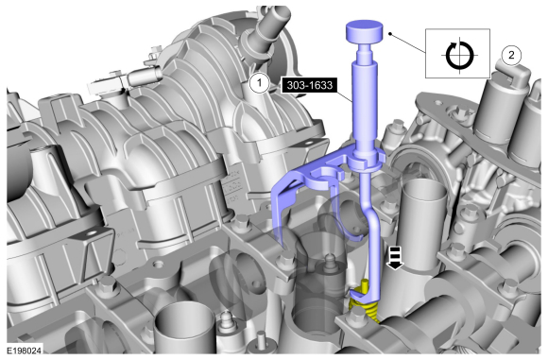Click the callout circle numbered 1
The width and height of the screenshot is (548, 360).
click(259, 83)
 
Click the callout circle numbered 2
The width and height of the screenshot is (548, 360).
click(511, 55)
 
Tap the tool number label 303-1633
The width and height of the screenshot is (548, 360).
click(309, 85)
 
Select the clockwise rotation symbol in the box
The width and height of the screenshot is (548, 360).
click(459, 55)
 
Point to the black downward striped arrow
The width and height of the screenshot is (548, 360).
click(395, 258)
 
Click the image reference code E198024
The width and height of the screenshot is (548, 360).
click(25, 351)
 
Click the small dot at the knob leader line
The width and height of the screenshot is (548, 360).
click(390, 34)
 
